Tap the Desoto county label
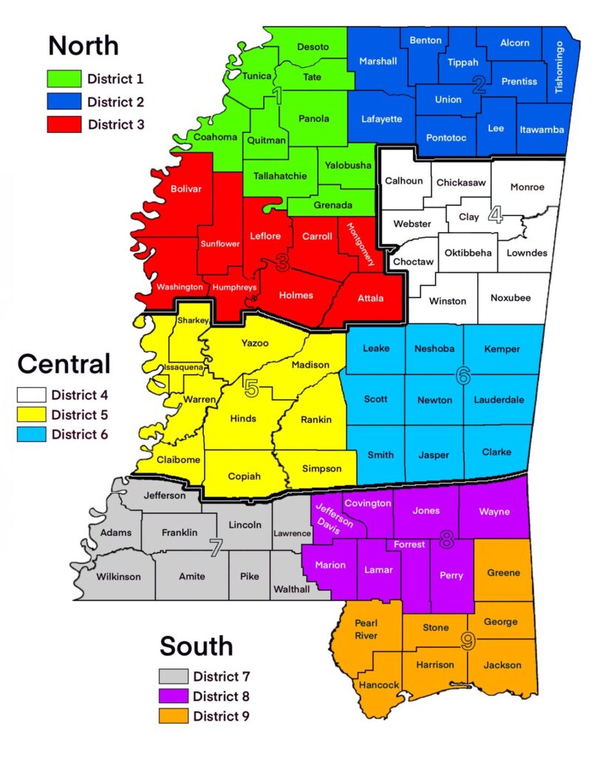(313, 47)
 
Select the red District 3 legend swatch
(64, 124)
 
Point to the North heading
(83, 45)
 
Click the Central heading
(64, 363)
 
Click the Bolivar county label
(185, 189)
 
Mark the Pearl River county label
(366, 629)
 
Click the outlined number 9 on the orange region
(467, 642)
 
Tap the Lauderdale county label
(499, 399)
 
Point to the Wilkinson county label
(118, 577)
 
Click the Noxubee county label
(510, 298)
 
